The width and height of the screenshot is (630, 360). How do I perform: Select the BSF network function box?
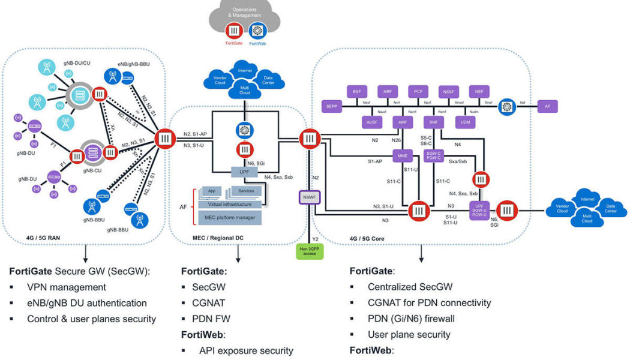pos(357,91)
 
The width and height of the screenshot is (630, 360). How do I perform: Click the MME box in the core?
pos(401,157)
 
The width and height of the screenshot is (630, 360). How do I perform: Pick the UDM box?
pos(465,121)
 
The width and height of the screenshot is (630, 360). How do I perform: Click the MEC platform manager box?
pos(231,217)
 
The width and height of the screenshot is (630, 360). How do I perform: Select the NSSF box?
pos(449,91)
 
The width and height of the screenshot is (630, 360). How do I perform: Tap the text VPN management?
pos(67,287)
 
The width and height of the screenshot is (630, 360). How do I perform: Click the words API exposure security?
pos(246,350)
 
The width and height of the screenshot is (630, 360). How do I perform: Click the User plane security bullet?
pos(409,334)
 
